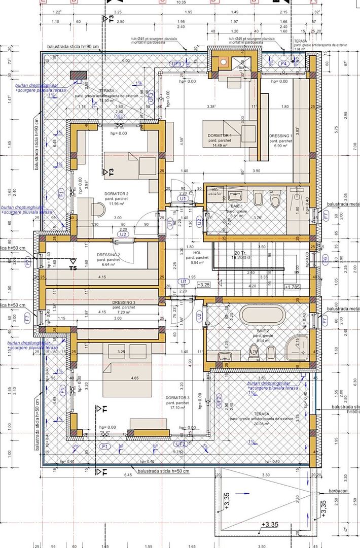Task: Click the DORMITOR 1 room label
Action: point(220,136)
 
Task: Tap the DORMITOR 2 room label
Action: point(116,194)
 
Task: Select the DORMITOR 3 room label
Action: point(177,398)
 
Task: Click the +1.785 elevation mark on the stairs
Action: point(293,287)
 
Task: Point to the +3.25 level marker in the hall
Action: point(204,285)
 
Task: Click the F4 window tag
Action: point(284,63)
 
